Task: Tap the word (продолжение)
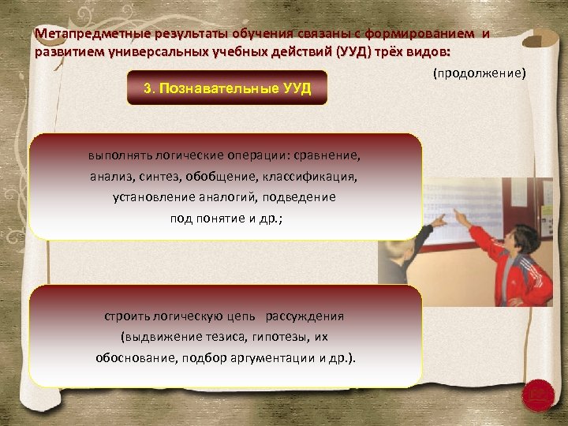pos(479,73)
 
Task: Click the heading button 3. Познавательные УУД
pos(227,88)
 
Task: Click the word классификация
pos(318,177)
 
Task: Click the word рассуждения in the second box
pos(305,316)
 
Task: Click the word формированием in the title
pos(431,34)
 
